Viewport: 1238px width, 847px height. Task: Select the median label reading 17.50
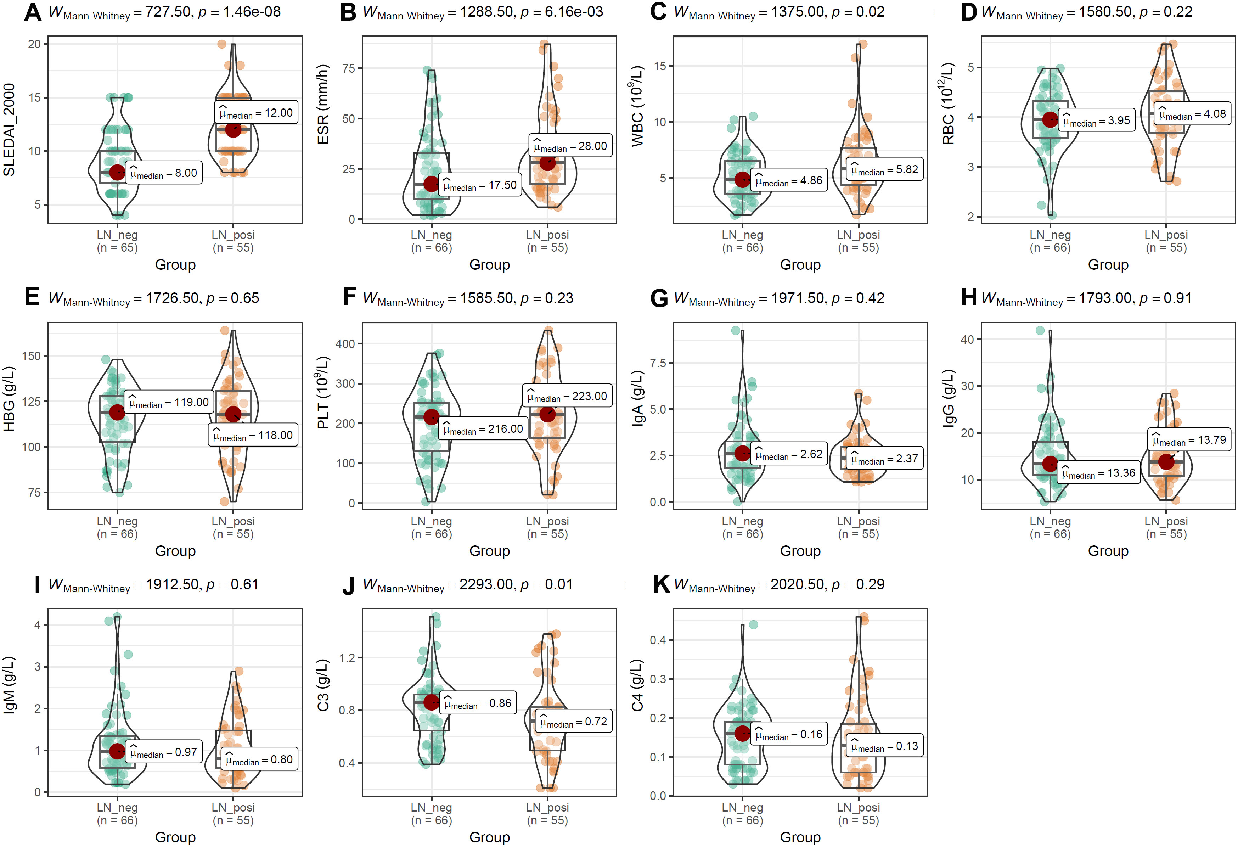pyautogui.click(x=480, y=185)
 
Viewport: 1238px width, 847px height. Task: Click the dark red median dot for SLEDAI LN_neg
pyautogui.click(x=117, y=172)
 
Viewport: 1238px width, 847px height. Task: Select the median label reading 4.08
pyautogui.click(x=1192, y=114)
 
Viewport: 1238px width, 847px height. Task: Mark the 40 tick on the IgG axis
pyautogui.click(x=967, y=340)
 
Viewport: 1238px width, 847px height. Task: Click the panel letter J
pyautogui.click(x=348, y=586)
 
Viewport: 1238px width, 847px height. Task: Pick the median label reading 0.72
pyautogui.click(x=573, y=722)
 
